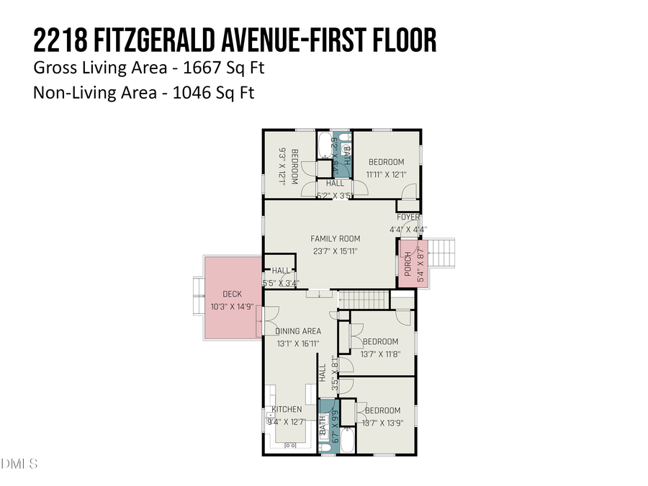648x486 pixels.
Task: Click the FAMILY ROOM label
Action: (x=336, y=239)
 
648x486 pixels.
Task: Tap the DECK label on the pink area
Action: (x=232, y=294)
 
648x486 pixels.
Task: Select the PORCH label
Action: (x=408, y=264)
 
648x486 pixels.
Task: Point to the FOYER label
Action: (x=408, y=217)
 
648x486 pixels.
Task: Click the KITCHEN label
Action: (x=287, y=410)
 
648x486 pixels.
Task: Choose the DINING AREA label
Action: (x=298, y=331)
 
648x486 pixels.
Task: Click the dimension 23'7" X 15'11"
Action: (x=336, y=251)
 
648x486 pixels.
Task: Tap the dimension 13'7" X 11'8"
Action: (x=380, y=354)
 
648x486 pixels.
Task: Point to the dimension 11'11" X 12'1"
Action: (x=386, y=174)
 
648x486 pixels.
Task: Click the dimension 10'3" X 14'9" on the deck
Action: (x=232, y=307)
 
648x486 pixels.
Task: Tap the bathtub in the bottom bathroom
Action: (x=347, y=440)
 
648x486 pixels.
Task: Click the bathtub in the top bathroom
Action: (x=325, y=146)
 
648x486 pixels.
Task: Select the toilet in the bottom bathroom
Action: (x=324, y=447)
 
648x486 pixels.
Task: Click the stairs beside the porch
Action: (x=444, y=254)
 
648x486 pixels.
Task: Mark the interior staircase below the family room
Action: (x=364, y=298)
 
